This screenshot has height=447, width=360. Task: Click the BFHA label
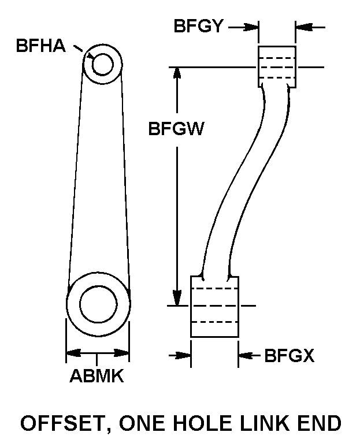(40, 47)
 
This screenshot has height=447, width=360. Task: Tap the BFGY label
(198, 26)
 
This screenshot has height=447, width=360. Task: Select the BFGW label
(176, 129)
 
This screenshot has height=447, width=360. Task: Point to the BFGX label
(290, 356)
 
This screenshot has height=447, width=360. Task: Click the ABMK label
(97, 377)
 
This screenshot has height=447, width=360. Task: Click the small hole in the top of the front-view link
(102, 64)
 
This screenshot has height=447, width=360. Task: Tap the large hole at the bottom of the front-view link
(98, 304)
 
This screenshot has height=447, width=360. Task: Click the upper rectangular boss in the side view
(277, 66)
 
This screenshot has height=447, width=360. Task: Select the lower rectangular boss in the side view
(214, 306)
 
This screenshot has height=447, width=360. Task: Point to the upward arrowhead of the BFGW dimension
(177, 74)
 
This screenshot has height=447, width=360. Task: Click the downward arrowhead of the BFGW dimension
(177, 299)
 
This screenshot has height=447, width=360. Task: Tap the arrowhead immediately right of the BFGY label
(251, 27)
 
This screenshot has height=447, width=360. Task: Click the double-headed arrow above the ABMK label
(98, 352)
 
